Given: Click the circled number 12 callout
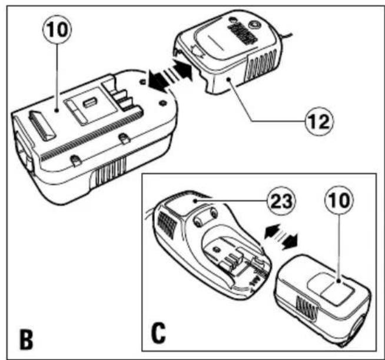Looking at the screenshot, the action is click(320, 121).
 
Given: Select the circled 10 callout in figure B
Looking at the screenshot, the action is click(57, 29).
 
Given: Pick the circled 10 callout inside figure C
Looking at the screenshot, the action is click(339, 200).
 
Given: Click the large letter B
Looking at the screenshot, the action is click(26, 340).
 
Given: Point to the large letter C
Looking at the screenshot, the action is click(158, 334).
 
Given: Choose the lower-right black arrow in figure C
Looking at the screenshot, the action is click(290, 241).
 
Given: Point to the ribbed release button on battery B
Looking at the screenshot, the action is click(42, 126).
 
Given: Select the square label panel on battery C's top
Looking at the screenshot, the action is click(330, 289).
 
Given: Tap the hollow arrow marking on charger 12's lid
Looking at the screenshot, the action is click(198, 51).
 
